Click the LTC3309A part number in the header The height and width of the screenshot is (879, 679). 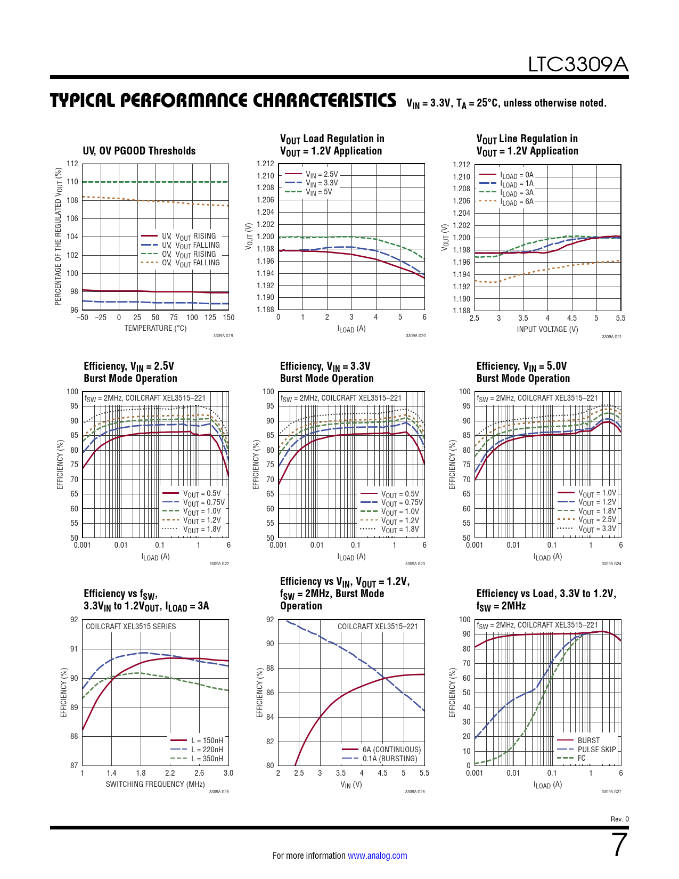[x=578, y=64]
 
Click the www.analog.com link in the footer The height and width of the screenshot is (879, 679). [x=377, y=856]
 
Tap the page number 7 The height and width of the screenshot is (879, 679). [x=620, y=845]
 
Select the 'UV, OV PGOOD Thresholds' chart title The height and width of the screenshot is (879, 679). [x=139, y=151]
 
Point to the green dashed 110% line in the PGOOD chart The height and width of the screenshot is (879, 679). [x=155, y=182]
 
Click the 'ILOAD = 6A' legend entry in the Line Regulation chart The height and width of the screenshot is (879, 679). [x=517, y=202]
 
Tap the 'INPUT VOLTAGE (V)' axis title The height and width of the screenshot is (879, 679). [x=547, y=329]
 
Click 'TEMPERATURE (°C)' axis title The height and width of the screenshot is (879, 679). [x=156, y=328]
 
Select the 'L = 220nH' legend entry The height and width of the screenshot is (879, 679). [x=207, y=750]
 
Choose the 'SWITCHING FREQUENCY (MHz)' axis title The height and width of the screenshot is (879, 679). [x=155, y=784]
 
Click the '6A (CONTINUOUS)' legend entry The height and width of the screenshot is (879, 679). [x=391, y=750]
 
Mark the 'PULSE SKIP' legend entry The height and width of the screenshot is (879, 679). [x=596, y=750]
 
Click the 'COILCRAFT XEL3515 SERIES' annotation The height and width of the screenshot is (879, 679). [x=130, y=626]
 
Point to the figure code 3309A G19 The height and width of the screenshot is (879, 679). [x=223, y=336]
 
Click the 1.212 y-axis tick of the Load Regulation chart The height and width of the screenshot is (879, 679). [x=265, y=164]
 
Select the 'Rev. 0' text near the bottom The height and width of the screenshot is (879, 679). [x=619, y=819]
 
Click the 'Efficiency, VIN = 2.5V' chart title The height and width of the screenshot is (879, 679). [x=129, y=366]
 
